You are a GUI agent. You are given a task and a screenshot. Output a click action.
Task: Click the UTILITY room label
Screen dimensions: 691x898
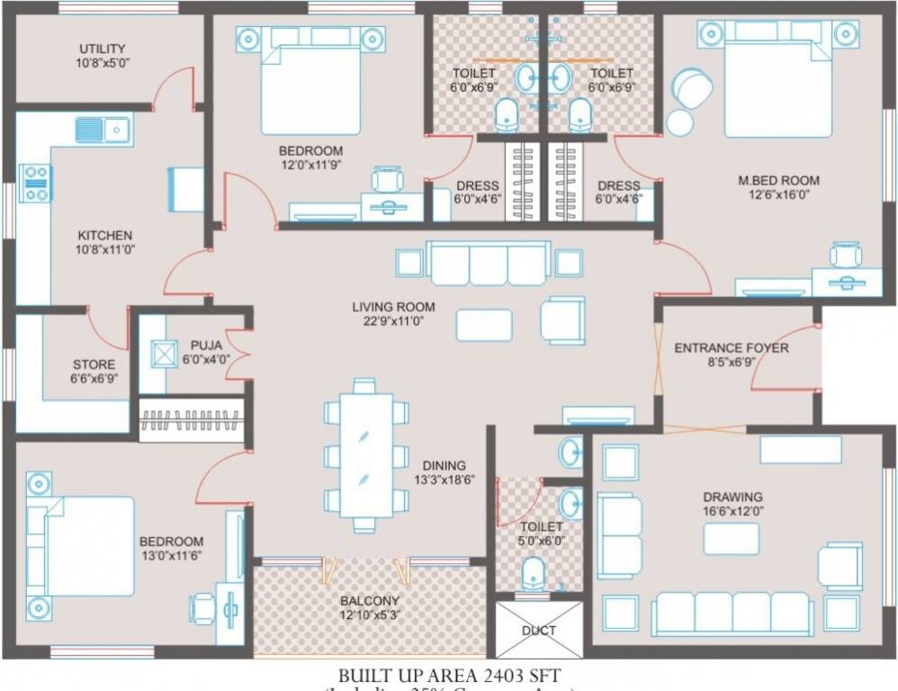[102, 49]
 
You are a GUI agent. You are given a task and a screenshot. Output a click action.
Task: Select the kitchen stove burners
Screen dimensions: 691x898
[36, 182]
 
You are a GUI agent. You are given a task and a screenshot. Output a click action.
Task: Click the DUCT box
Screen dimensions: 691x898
[539, 630]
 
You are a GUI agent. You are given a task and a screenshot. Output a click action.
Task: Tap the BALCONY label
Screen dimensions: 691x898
[370, 600]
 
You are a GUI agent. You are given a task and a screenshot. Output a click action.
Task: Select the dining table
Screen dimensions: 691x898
[363, 454]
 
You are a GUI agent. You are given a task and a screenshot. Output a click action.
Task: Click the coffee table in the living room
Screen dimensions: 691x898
[484, 325]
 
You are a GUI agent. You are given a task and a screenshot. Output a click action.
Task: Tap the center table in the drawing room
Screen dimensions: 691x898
[731, 538]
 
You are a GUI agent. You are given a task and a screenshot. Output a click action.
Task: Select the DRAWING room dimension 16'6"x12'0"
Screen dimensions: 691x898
[732, 511]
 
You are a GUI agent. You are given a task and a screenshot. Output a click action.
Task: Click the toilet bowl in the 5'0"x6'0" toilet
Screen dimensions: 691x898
[533, 572]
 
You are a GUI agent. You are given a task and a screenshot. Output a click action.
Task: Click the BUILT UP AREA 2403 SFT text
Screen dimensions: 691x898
[453, 674]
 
